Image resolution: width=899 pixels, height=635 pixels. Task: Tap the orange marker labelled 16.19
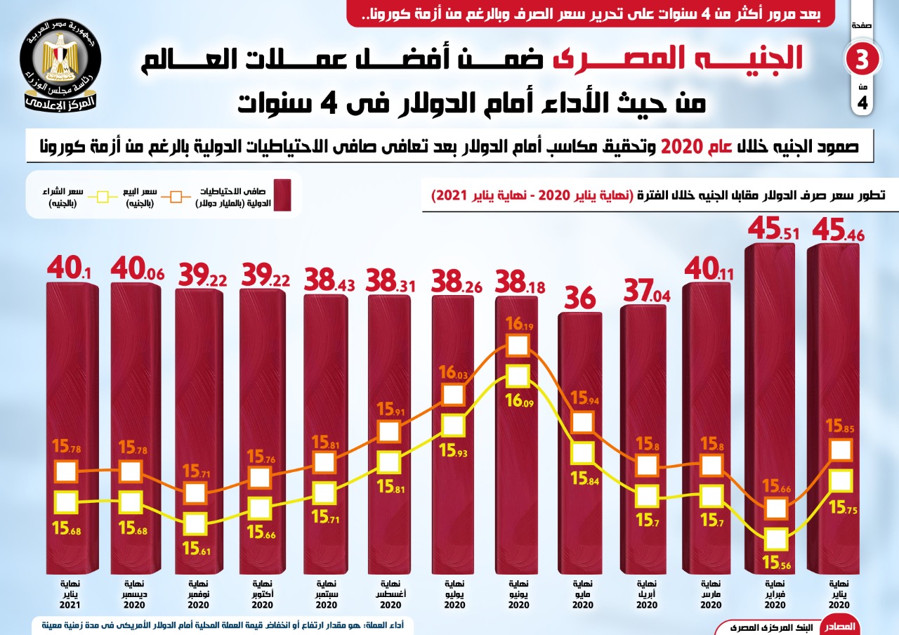coord(517,346)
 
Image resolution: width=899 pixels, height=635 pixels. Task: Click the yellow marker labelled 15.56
coord(776,539)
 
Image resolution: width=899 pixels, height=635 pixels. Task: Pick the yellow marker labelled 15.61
coord(195,523)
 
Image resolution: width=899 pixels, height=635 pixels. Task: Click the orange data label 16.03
coord(452,373)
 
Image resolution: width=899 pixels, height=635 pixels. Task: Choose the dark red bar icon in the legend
coord(282,195)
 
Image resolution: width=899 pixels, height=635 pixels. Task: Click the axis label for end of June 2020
coord(518,594)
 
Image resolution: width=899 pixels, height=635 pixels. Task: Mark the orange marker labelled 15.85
coord(840,450)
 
